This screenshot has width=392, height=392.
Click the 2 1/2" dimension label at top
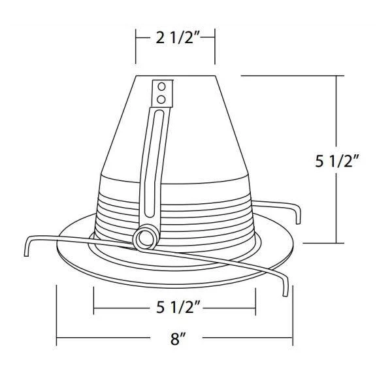click(175, 38)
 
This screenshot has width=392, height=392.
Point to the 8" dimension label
click(174, 339)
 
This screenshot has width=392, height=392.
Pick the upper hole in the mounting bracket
click(161, 86)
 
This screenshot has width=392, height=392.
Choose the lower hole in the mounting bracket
click(161, 98)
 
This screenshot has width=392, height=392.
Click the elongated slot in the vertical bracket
click(155, 163)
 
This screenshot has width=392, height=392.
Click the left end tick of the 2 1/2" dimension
click(136, 39)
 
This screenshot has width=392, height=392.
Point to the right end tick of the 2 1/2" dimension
click(215, 39)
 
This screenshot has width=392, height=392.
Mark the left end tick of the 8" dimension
click(57, 339)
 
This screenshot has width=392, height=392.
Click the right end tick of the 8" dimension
click(293, 339)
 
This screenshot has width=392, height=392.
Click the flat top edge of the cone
click(175, 76)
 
